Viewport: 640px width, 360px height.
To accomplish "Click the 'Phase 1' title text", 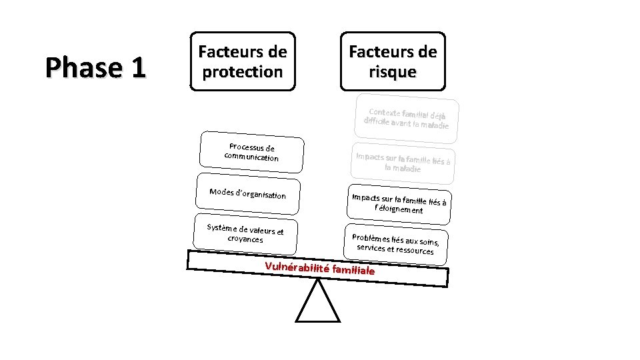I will tap(95, 67).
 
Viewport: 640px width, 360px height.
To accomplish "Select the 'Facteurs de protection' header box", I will tap(243, 61).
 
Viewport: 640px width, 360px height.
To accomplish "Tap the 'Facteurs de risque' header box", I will tap(393, 61).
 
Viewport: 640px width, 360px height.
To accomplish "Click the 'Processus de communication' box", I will tap(252, 153).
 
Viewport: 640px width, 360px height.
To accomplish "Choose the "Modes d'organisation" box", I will tap(248, 194).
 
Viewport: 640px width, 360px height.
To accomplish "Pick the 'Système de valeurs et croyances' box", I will tap(245, 233).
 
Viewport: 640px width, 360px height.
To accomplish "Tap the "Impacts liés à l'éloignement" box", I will tap(399, 203).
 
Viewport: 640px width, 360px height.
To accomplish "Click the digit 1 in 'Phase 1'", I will tap(137, 67).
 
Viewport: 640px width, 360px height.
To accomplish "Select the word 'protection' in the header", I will tap(243, 71).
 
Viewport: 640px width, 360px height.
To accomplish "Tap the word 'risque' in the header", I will tap(393, 71).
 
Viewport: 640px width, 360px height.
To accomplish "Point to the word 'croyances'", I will tap(245, 239).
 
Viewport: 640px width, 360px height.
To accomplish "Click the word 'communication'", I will tap(251, 157).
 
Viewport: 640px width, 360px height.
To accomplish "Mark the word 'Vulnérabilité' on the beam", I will tap(298, 267).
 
